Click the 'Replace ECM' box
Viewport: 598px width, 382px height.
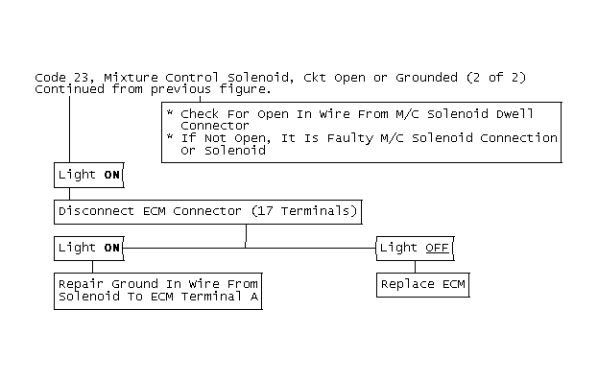pyautogui.click(x=423, y=285)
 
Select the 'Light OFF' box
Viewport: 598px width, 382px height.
pyautogui.click(x=416, y=249)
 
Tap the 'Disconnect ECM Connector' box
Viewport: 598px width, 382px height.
pyautogui.click(x=208, y=212)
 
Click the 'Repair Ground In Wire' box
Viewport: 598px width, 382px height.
pyautogui.click(x=158, y=291)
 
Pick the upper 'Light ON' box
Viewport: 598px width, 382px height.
pyautogui.click(x=89, y=175)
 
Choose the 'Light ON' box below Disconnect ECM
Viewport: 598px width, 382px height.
pyautogui.click(x=89, y=249)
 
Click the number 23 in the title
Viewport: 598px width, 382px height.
pyautogui.click(x=81, y=78)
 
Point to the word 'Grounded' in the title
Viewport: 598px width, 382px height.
pyautogui.click(x=426, y=78)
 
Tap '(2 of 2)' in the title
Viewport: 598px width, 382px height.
pyautogui.click(x=496, y=78)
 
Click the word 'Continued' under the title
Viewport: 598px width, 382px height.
pyautogui.click(x=69, y=89)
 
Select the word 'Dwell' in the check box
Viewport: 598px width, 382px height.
pyautogui.click(x=514, y=114)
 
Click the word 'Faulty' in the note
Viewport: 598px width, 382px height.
pyautogui.click(x=350, y=139)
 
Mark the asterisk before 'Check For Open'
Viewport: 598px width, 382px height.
pyautogui.click(x=170, y=112)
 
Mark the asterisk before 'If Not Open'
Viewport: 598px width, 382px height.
pyautogui.click(x=170, y=136)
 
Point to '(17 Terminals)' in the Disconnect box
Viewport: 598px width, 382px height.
pyautogui.click(x=304, y=211)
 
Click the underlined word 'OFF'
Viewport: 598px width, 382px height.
pyautogui.click(x=437, y=248)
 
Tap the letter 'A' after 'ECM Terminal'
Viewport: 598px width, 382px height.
pyautogui.click(x=254, y=297)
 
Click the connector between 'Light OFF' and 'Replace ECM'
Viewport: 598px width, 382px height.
pyautogui.click(x=416, y=267)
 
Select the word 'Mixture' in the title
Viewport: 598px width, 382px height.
pyautogui.click(x=131, y=78)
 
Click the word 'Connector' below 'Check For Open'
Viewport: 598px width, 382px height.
pyautogui.click(x=215, y=126)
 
